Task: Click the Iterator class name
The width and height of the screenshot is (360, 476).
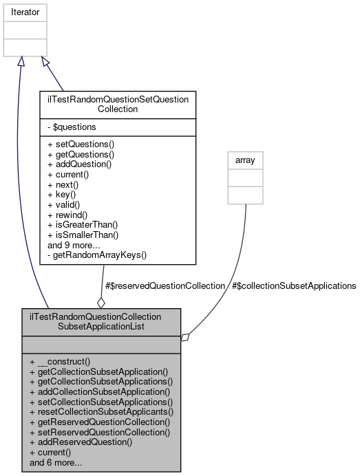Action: point(25,12)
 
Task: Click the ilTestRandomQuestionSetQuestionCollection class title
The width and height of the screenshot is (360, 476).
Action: point(118,104)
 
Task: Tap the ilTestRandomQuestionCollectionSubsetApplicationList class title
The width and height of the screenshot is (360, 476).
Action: point(96,321)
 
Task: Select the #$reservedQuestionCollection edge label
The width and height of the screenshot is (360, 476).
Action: point(165,285)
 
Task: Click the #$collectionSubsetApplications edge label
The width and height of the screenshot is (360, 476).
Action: point(294,285)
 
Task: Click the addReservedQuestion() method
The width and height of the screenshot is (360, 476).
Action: point(81,442)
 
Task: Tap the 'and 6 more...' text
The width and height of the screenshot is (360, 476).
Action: point(57,462)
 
